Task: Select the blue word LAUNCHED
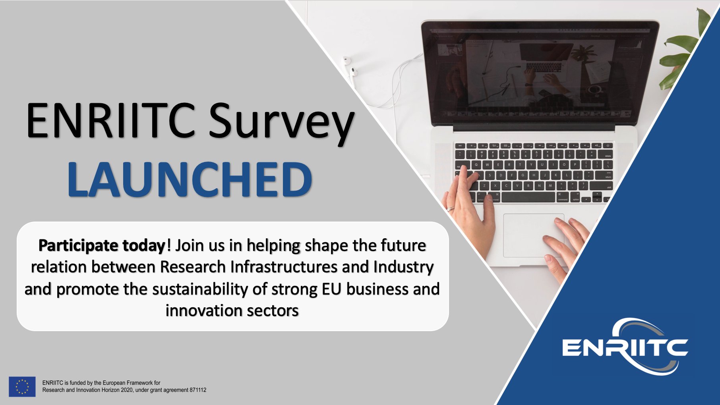pos(190,179)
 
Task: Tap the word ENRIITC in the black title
pos(111,120)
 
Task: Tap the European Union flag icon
pos(22,387)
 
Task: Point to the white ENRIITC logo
pos(625,346)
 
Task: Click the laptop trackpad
pos(533,235)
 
